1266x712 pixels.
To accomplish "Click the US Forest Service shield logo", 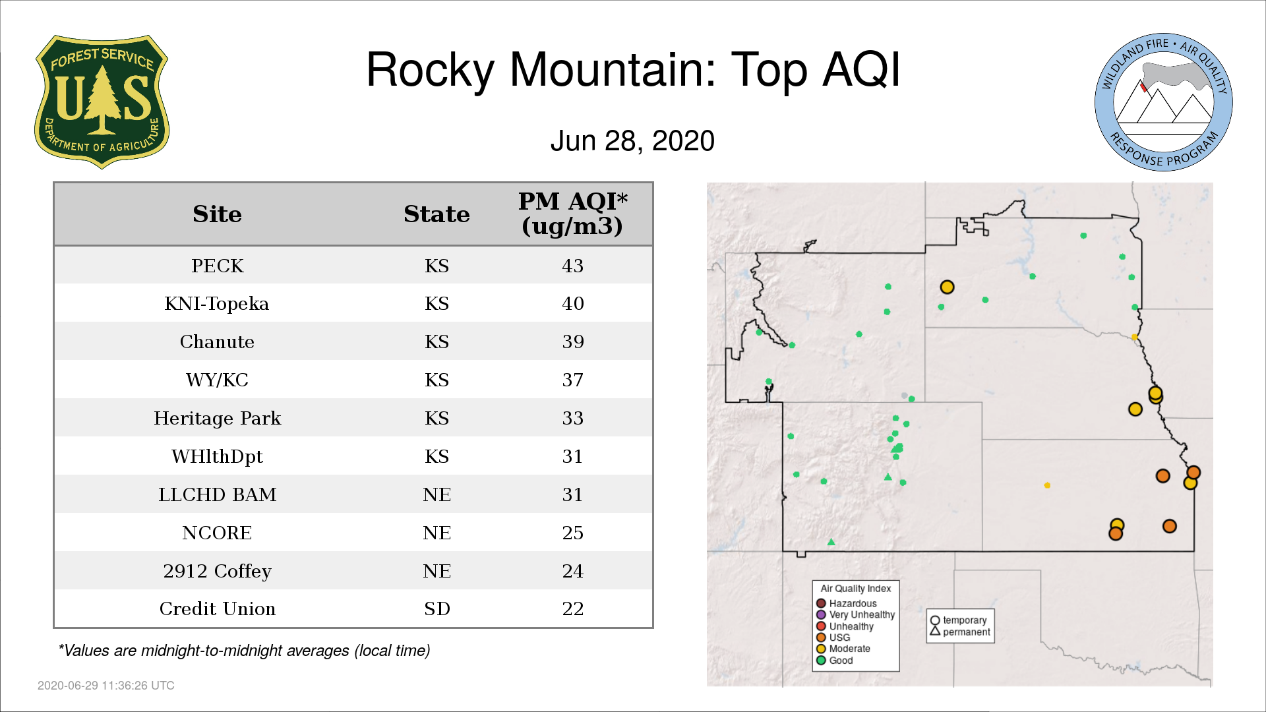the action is coord(102,102).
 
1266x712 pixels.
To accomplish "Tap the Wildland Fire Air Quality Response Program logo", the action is coord(1164,102).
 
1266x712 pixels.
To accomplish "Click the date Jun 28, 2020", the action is coord(632,141).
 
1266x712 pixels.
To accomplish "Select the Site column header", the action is coord(217,214).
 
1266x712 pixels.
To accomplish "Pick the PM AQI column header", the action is coord(572,214).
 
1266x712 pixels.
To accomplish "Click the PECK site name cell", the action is coord(217,266).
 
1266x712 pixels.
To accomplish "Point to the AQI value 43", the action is coord(572,266).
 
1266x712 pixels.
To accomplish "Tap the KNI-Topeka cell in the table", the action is coord(217,303).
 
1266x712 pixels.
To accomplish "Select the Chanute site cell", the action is coord(217,341).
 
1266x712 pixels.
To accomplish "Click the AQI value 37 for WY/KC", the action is coord(572,380).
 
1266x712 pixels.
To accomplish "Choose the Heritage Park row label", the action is coord(217,418).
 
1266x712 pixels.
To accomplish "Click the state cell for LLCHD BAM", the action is coord(437,494).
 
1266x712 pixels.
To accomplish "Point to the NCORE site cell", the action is coord(217,533).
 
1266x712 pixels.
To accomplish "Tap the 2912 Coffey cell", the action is coord(217,571).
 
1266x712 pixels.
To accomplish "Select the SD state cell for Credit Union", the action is coord(437,608).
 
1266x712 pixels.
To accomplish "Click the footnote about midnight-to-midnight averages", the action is coord(244,651).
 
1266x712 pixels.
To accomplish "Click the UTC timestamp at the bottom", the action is coord(106,686).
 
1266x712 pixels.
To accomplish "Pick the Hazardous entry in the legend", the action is coord(847,603).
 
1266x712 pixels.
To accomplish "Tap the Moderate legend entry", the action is coord(843,649).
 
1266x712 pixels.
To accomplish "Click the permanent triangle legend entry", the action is coord(960,632).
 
